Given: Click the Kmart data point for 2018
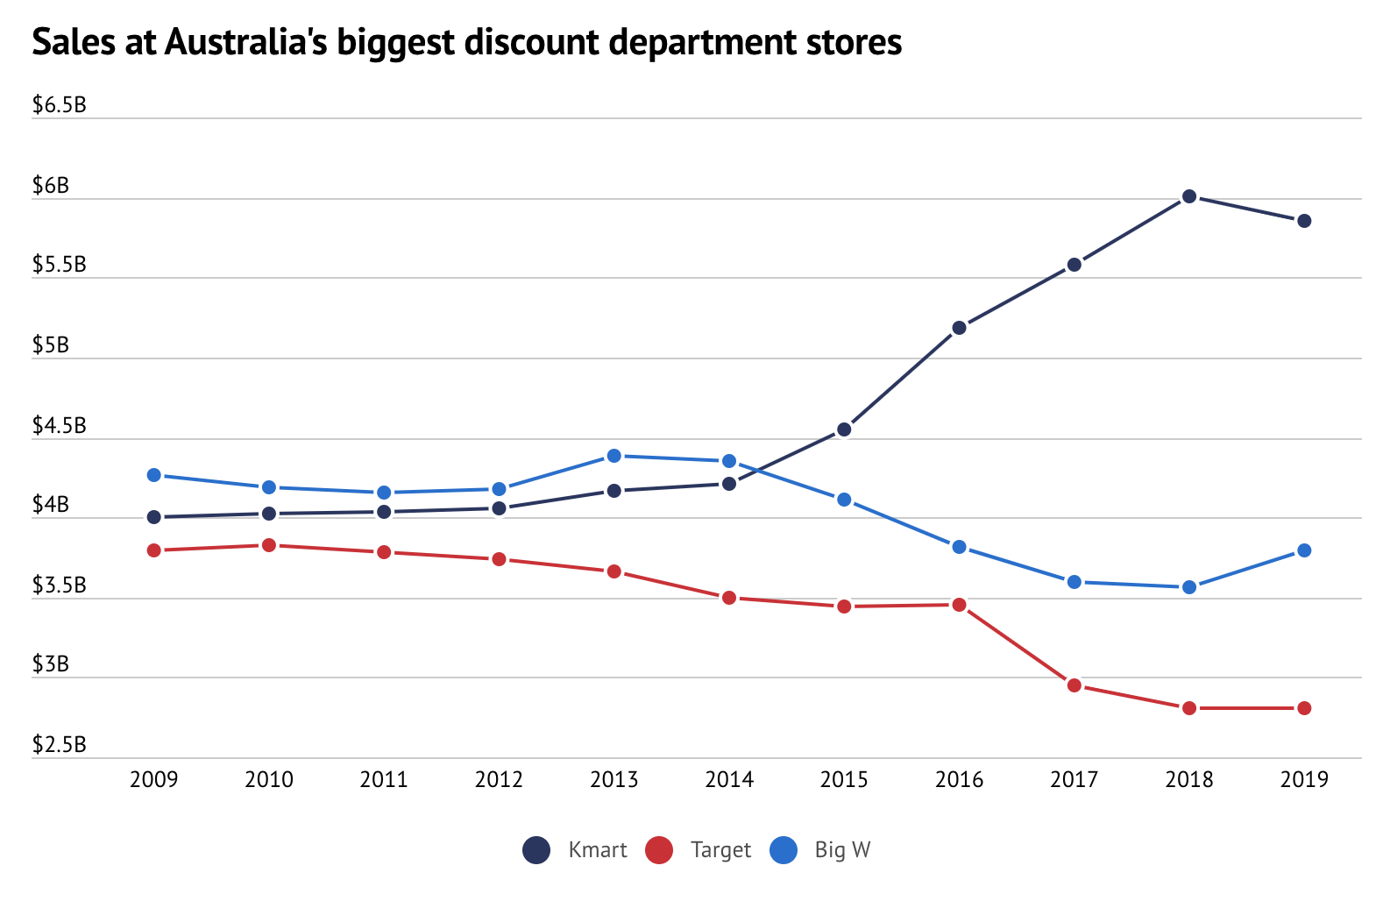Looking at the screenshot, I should (x=1189, y=196).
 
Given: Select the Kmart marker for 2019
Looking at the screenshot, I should (x=1304, y=221).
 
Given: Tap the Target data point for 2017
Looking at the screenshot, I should (x=1074, y=685).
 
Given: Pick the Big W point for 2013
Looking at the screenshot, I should (x=614, y=456).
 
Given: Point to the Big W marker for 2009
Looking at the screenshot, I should (x=154, y=475).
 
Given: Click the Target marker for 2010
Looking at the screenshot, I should (x=269, y=545).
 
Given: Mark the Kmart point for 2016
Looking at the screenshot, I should (x=959, y=328).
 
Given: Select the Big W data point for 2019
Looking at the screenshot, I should (x=1304, y=550).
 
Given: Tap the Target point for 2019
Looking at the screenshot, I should (x=1304, y=708).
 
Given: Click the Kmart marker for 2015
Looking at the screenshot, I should (x=844, y=429).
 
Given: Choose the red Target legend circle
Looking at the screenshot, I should (x=658, y=850).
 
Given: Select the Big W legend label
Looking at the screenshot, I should (x=842, y=850).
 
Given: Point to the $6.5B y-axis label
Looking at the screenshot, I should (x=59, y=106).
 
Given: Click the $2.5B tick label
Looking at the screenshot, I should (x=59, y=745).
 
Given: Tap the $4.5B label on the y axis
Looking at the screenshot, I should (x=59, y=426).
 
